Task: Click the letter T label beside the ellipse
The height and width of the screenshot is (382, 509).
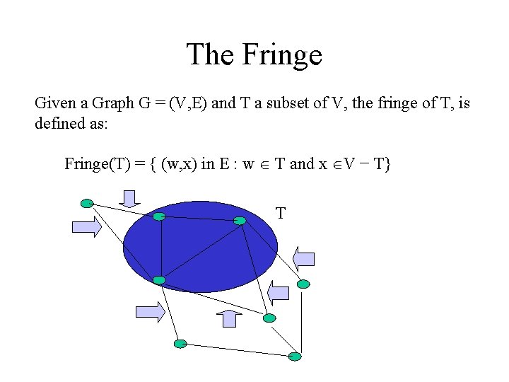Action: pos(281,213)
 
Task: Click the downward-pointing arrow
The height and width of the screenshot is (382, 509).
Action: pos(129,199)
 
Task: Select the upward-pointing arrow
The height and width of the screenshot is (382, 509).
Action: pos(228,318)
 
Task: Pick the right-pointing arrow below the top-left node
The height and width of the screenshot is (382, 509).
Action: pos(87,227)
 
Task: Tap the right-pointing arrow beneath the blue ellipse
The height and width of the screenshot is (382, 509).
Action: pos(150,312)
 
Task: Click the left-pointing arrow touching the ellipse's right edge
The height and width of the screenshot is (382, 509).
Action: pos(304,258)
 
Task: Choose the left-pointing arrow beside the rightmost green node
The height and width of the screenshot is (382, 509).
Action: pos(279,291)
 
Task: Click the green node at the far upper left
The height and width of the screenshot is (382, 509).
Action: pos(87,204)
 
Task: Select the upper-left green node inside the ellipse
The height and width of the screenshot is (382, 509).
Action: pos(160,216)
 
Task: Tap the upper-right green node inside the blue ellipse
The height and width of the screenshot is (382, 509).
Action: pos(240,221)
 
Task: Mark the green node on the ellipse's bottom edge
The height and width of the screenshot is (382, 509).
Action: pos(159,280)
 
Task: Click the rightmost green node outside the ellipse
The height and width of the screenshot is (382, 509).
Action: pos(303,284)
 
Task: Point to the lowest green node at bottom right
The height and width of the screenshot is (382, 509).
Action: pos(295,355)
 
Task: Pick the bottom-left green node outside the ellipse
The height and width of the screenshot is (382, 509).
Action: pos(180,344)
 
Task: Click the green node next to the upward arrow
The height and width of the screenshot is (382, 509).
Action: pos(269,318)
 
